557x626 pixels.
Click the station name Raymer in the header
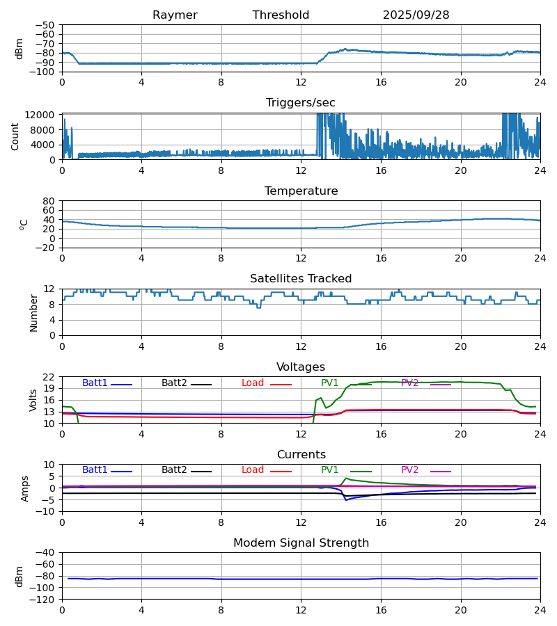point(175,15)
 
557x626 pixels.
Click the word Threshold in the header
point(281,15)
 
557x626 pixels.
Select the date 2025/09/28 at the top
point(416,15)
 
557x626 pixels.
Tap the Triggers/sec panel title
point(301,103)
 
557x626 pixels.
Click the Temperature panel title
point(301,191)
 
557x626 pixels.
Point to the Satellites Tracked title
point(301,279)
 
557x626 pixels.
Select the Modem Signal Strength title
point(301,543)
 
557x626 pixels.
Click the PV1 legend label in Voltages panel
point(329,383)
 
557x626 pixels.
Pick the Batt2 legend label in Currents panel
point(174,470)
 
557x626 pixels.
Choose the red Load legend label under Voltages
point(253,383)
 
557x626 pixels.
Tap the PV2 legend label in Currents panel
point(409,470)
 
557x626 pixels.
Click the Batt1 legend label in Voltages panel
point(95,383)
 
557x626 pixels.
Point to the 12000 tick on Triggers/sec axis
point(42,115)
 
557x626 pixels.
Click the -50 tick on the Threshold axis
point(46,25)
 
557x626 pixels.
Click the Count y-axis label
point(15,136)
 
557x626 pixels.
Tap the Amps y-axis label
point(25,488)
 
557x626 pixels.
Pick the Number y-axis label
point(34,312)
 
